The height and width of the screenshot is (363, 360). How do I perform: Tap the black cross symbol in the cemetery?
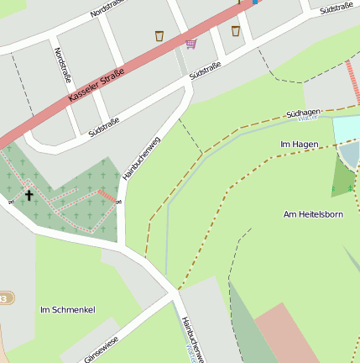tap(29, 195)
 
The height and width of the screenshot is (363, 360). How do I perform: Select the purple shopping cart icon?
tap(191, 43)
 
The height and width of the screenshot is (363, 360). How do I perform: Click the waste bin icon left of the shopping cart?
tap(159, 35)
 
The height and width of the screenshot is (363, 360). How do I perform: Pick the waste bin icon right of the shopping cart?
tap(236, 30)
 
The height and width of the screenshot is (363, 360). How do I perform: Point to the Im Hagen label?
tap(299, 145)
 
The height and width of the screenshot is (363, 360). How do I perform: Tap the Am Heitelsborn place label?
tap(314, 214)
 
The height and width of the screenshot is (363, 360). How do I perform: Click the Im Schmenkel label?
tap(67, 310)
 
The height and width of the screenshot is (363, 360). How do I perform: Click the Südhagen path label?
tap(303, 112)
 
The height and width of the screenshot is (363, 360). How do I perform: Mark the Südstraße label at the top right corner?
tap(336, 7)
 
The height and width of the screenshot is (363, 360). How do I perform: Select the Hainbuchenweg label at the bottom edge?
tap(192, 339)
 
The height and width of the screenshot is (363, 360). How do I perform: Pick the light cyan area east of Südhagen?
tap(346, 129)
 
